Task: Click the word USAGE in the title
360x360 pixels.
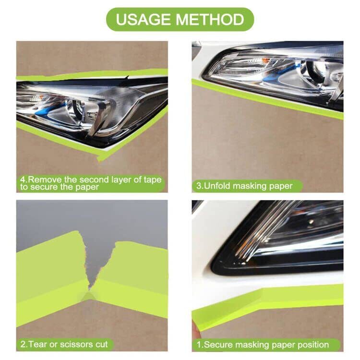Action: [x=144, y=20]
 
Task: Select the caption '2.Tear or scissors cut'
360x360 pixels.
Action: [x=64, y=344]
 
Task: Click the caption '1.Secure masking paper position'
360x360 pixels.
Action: [x=263, y=344]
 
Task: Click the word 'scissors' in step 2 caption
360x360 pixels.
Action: [x=73, y=344]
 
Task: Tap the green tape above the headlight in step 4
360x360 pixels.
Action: [x=96, y=74]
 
